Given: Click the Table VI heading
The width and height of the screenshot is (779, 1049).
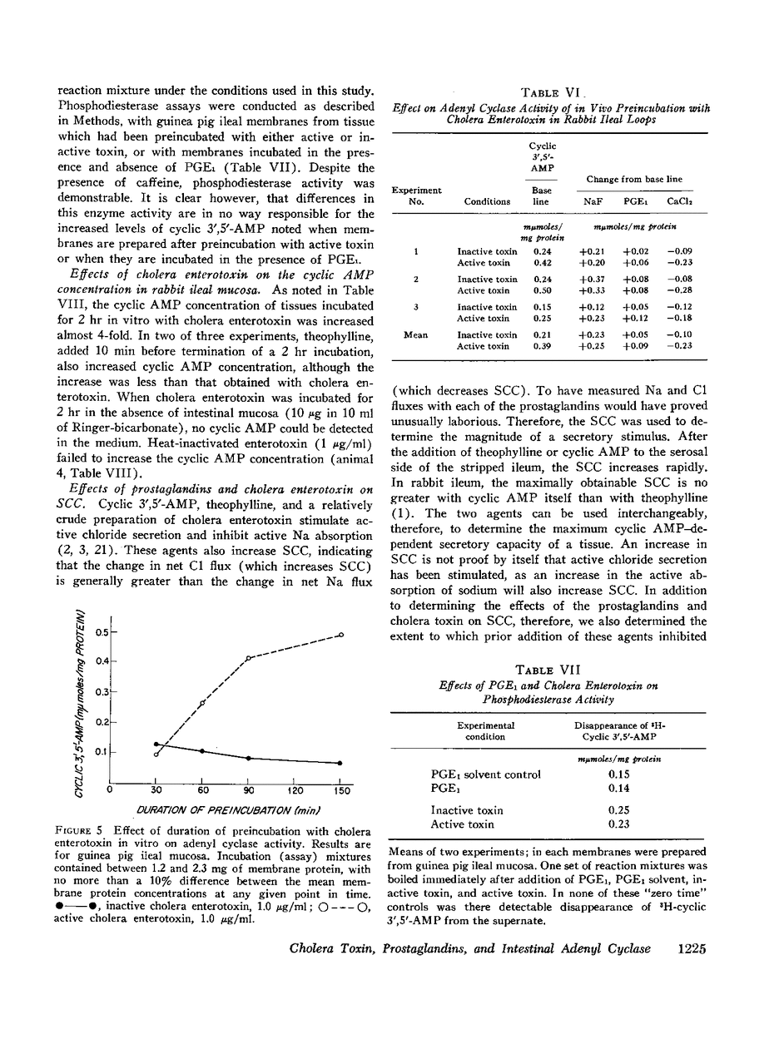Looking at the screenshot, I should tap(547, 92).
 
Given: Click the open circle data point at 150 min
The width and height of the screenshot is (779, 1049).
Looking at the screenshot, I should tap(341, 636).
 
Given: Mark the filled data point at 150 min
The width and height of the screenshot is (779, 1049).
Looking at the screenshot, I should tap(341, 763).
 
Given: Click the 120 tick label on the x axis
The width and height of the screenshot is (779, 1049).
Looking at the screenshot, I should tap(295, 789).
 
